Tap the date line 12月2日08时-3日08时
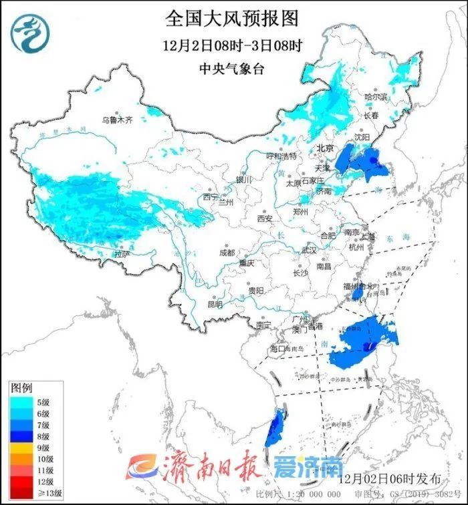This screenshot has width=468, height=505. tap(233, 46)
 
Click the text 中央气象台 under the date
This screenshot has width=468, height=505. tap(233, 68)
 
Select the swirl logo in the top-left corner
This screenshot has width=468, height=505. tap(29, 34)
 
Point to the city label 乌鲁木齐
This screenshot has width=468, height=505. tap(118, 120)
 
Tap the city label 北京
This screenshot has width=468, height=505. tap(325, 148)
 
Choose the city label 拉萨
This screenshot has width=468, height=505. tap(120, 255)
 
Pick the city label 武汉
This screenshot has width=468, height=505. tap(309, 249)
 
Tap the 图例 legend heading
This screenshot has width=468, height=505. tap(21, 388)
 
